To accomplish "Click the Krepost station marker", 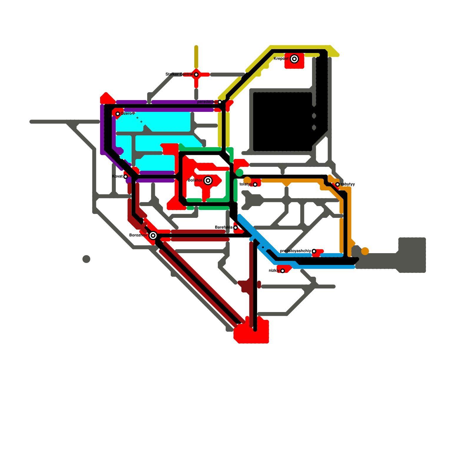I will [x=294, y=59].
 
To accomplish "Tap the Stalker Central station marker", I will [x=196, y=74].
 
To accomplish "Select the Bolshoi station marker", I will [x=208, y=180].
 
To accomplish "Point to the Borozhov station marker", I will [x=153, y=235].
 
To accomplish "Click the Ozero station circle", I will [x=118, y=114].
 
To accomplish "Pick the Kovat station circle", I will [x=126, y=177].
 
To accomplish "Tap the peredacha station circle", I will [x=220, y=102].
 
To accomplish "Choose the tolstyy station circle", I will [x=255, y=185].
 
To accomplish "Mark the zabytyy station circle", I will [x=338, y=185].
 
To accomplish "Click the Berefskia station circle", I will [x=235, y=228].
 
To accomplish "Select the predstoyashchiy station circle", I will [x=314, y=251].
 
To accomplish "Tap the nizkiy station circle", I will [x=283, y=271].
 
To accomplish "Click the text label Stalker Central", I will [x=179, y=74].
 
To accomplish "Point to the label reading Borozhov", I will [x=138, y=235].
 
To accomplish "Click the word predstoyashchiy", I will [x=295, y=251].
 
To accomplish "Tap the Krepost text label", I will [x=281, y=59].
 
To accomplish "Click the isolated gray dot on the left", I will [x=86, y=259].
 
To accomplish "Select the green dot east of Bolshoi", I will [x=239, y=173].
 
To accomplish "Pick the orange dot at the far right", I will [x=365, y=251].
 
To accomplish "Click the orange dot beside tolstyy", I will [x=247, y=180].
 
